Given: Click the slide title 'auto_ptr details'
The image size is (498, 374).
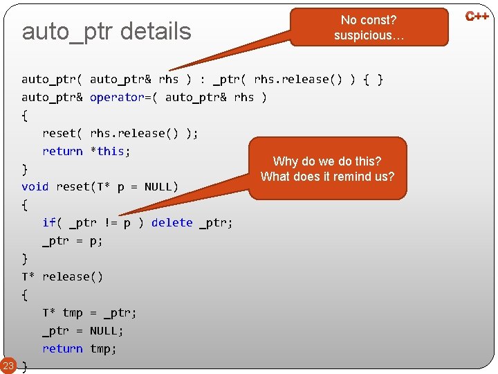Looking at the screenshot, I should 107,31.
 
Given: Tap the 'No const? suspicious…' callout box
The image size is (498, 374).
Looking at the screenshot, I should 369,28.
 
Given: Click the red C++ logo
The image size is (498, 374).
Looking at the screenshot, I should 477,16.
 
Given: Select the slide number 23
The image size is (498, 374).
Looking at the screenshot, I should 8,366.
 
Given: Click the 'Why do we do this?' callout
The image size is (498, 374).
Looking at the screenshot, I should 327,168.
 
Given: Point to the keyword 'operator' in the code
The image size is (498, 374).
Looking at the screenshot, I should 117,97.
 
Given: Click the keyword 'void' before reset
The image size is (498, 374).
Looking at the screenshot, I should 35,186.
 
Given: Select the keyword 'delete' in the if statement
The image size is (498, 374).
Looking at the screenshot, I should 172,222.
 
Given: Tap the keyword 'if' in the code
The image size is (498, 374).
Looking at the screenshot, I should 49,222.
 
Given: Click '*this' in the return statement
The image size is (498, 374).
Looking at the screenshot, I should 110,151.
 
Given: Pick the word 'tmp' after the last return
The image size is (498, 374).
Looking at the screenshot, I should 103,348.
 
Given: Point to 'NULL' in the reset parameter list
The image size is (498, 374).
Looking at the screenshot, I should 158,186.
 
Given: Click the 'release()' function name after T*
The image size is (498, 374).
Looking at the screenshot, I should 73,276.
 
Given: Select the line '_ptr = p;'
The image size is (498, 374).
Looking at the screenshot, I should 73,240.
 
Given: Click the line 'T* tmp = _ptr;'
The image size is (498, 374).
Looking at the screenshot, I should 90,312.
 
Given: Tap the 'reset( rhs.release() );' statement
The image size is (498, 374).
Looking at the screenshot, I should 120,133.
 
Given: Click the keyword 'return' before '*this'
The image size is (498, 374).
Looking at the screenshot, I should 62,151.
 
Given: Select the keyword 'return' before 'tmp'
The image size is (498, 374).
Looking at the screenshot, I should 62,348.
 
